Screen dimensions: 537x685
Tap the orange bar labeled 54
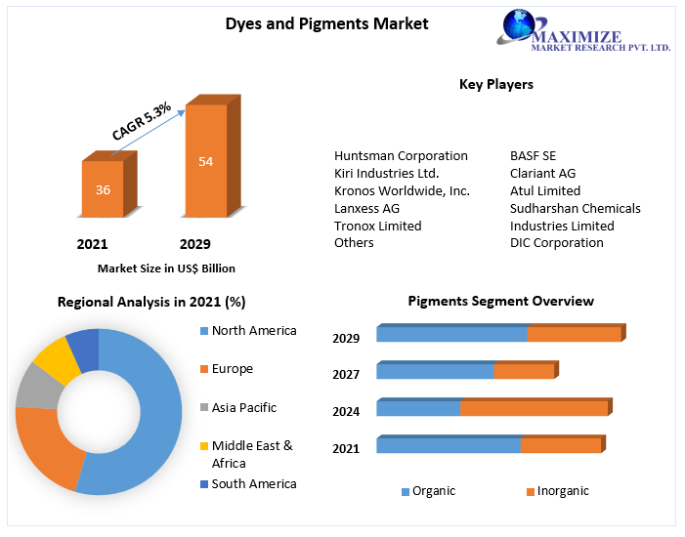pos(205,161)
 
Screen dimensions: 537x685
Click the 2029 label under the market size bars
pos(194,244)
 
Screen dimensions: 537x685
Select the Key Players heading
pos(496,84)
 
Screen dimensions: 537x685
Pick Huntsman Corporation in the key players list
pos(401,156)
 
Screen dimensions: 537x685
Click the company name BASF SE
pos(533,156)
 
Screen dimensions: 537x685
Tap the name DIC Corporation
pos(556,243)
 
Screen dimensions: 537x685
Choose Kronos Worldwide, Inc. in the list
pos(402,191)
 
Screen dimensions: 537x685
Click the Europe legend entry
pos(232,369)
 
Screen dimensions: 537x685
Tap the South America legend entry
pos(253,484)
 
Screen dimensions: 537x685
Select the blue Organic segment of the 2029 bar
pos(451,334)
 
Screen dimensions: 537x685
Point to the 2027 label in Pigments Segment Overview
pos(346,374)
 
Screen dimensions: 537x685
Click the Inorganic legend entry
pos(562,491)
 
